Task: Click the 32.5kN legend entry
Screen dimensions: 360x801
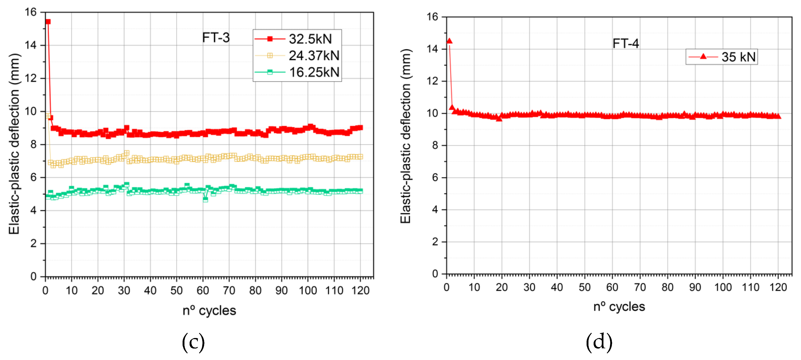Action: click(x=310, y=39)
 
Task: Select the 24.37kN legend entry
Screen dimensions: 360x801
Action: click(x=313, y=56)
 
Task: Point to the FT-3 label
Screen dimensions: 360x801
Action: click(x=216, y=38)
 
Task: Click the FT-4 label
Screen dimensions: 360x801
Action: click(x=626, y=43)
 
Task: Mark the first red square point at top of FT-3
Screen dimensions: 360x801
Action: click(x=48, y=22)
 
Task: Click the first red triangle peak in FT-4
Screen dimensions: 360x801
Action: click(x=449, y=41)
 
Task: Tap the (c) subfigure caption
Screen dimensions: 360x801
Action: click(x=193, y=342)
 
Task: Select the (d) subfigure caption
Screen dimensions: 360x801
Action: click(x=599, y=342)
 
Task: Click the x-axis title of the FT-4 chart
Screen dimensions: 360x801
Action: click(x=619, y=307)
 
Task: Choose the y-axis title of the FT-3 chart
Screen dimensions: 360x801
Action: click(x=14, y=144)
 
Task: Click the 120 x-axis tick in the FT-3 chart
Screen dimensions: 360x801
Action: click(x=360, y=290)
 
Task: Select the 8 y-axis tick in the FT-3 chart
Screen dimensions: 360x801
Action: click(x=33, y=144)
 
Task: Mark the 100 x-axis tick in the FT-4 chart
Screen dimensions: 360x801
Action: click(x=723, y=287)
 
